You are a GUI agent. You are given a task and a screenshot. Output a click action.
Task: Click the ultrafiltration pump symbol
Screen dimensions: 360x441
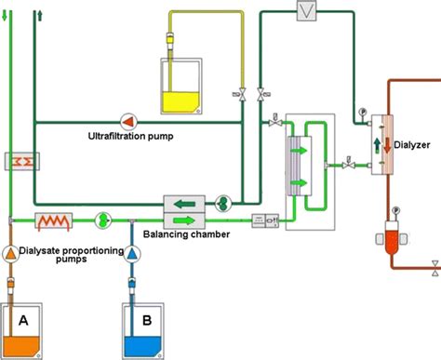coord(127,119)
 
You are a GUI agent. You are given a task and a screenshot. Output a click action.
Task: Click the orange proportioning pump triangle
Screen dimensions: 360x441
coord(10,253)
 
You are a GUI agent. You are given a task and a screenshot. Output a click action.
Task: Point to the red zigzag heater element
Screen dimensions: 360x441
coord(55,220)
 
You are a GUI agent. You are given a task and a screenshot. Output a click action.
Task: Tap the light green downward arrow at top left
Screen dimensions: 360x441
coord(10,16)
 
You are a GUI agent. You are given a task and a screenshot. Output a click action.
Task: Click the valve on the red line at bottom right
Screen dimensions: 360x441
coord(434,273)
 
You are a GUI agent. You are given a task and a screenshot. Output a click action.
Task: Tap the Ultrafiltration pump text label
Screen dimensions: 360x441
coord(139,136)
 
